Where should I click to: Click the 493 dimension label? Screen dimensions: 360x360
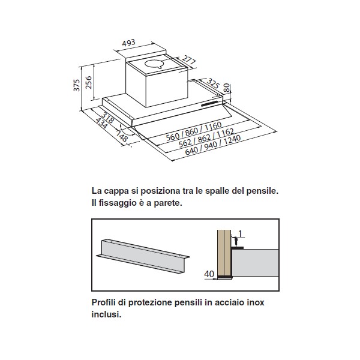click(x=128, y=43)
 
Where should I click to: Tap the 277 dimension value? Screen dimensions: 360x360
click(x=189, y=59)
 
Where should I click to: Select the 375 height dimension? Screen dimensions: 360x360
click(x=77, y=85)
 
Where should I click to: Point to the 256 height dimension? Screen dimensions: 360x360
click(x=88, y=82)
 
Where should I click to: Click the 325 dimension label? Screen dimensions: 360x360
click(x=213, y=83)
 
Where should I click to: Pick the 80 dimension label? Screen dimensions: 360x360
click(x=227, y=88)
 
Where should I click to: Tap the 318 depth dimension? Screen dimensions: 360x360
click(x=107, y=118)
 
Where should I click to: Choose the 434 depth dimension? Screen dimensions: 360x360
click(x=101, y=123)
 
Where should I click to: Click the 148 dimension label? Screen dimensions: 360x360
click(x=122, y=136)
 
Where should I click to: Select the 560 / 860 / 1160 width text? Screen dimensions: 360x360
click(x=194, y=131)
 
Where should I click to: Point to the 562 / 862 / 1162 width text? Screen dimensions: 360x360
click(x=206, y=138)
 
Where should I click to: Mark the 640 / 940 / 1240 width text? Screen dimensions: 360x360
click(x=213, y=145)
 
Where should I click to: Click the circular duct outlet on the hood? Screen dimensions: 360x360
click(x=155, y=64)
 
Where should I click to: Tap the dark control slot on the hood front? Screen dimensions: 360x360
click(x=211, y=104)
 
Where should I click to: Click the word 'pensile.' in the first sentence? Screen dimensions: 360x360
click(x=262, y=191)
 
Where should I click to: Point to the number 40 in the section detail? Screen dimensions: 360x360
click(x=209, y=274)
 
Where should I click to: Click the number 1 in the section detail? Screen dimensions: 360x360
click(x=241, y=234)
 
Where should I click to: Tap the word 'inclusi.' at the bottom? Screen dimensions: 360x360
click(x=106, y=314)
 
